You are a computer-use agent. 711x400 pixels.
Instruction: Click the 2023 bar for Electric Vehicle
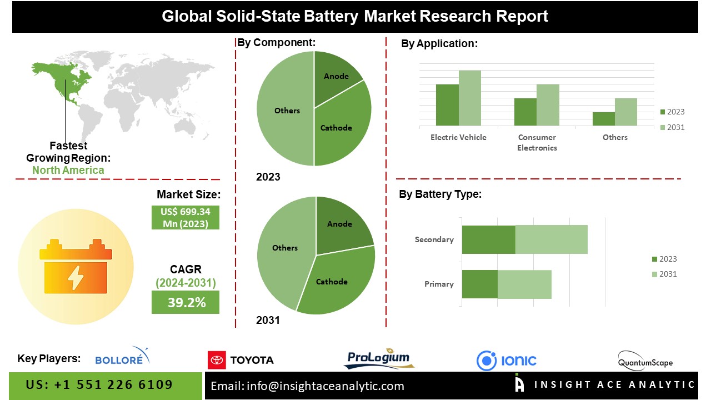447,105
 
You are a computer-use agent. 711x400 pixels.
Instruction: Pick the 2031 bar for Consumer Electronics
548,105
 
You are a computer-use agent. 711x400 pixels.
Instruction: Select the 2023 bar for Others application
603,119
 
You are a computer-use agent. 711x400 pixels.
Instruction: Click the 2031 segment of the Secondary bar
551,239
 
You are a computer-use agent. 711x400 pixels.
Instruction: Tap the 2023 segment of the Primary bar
479,284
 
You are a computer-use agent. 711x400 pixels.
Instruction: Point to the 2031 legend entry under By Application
672,127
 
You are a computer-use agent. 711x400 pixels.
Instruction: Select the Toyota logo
241,360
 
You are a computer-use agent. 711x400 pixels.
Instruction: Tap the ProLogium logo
379,359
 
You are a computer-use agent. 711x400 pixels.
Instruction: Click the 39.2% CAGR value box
185,302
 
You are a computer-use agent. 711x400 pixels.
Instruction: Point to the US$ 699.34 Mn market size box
185,218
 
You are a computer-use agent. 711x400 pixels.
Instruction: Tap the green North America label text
68,170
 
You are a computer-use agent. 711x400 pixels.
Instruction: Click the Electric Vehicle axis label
458,137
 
